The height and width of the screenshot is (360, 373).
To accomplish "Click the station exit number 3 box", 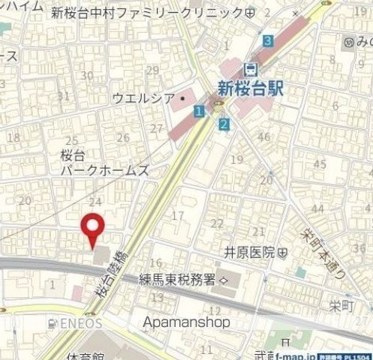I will coord(268,40).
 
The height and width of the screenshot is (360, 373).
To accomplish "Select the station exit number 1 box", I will coord(197,111).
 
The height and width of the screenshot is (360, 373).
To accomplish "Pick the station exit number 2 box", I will coord(224,124).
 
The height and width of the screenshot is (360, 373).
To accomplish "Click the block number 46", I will coord(263,136).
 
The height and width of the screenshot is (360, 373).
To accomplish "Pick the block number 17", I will coord(178,216).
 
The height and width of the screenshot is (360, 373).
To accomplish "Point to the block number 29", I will coord(153,70).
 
